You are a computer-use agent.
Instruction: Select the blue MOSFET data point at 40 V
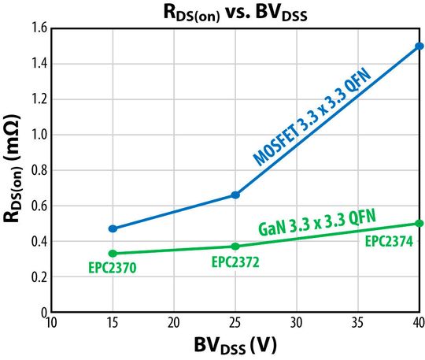pyautogui.click(x=419, y=46)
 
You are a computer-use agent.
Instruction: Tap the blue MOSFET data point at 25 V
pyautogui.click(x=235, y=195)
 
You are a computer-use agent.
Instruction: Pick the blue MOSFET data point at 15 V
pyautogui.click(x=113, y=228)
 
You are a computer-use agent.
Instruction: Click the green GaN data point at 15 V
pyautogui.click(x=113, y=254)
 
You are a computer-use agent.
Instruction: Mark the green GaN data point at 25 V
pyautogui.click(x=235, y=247)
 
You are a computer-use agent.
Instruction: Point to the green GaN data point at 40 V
pyautogui.click(x=419, y=223)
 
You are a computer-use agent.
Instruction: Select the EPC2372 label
pyautogui.click(x=235, y=262)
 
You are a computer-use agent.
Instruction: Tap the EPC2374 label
pyautogui.click(x=390, y=240)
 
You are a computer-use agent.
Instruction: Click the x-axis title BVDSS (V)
pyautogui.click(x=235, y=346)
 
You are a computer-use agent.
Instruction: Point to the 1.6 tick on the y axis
pyautogui.click(x=38, y=28)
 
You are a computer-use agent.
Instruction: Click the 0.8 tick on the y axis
pyautogui.click(x=38, y=170)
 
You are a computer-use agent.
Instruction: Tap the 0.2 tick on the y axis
pyautogui.click(x=38, y=277)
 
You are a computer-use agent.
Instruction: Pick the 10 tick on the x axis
pyautogui.click(x=52, y=323)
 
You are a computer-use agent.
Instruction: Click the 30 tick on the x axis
pyautogui.click(x=297, y=323)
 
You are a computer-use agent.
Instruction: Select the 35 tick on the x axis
pyautogui.click(x=358, y=323)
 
